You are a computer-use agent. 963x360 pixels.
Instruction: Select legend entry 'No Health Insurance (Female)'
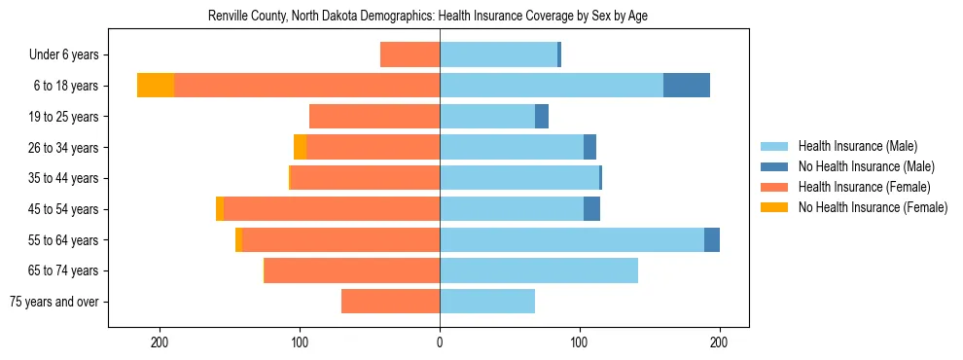pyautogui.click(x=873, y=207)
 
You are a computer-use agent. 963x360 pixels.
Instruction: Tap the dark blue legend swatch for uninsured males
pyautogui.click(x=774, y=166)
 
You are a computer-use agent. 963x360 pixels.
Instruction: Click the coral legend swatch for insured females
pyautogui.click(x=774, y=187)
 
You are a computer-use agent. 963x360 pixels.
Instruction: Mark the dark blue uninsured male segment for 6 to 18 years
pyautogui.click(x=687, y=86)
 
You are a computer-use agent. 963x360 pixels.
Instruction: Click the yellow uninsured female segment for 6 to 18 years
pyautogui.click(x=156, y=86)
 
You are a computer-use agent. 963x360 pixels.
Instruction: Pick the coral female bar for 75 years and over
pyautogui.click(x=391, y=302)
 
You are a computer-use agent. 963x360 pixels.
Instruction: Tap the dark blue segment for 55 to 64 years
pyautogui.click(x=712, y=239)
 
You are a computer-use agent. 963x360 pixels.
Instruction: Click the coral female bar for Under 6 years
pyautogui.click(x=410, y=55)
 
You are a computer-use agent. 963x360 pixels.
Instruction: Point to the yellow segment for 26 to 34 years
pyautogui.click(x=301, y=147)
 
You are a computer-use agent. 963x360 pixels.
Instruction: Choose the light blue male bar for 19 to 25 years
pyautogui.click(x=487, y=117)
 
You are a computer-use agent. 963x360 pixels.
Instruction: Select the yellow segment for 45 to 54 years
pyautogui.click(x=220, y=209)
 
